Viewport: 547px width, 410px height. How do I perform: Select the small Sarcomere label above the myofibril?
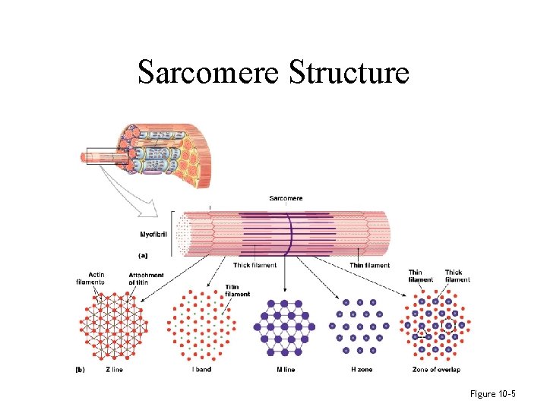[x=286, y=198]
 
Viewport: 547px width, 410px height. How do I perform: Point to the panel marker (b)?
[x=81, y=370]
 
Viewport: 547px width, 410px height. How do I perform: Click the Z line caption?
[x=114, y=370]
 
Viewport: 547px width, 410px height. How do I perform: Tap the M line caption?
[x=285, y=370]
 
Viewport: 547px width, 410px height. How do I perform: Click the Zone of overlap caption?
[x=438, y=370]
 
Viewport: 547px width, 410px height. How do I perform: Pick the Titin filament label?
[x=237, y=290]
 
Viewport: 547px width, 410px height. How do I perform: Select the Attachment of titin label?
[x=145, y=278]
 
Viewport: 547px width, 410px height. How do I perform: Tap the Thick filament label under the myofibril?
[x=255, y=265]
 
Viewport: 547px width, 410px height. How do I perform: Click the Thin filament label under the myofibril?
[x=369, y=265]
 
